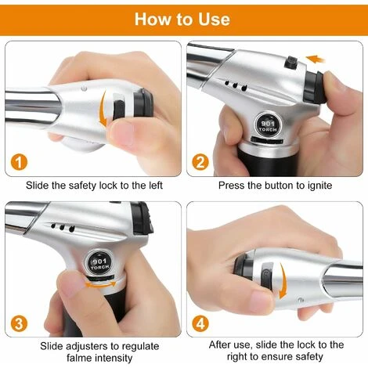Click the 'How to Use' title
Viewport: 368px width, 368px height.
click(182, 18)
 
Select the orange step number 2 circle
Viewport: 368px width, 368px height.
click(200, 162)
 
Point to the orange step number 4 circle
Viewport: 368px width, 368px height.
click(200, 323)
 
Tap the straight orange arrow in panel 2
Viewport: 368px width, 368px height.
click(315, 58)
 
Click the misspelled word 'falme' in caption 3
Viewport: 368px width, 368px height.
click(77, 359)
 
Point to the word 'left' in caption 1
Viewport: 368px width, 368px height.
click(161, 186)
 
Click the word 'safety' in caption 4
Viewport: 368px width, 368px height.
click(324, 359)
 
